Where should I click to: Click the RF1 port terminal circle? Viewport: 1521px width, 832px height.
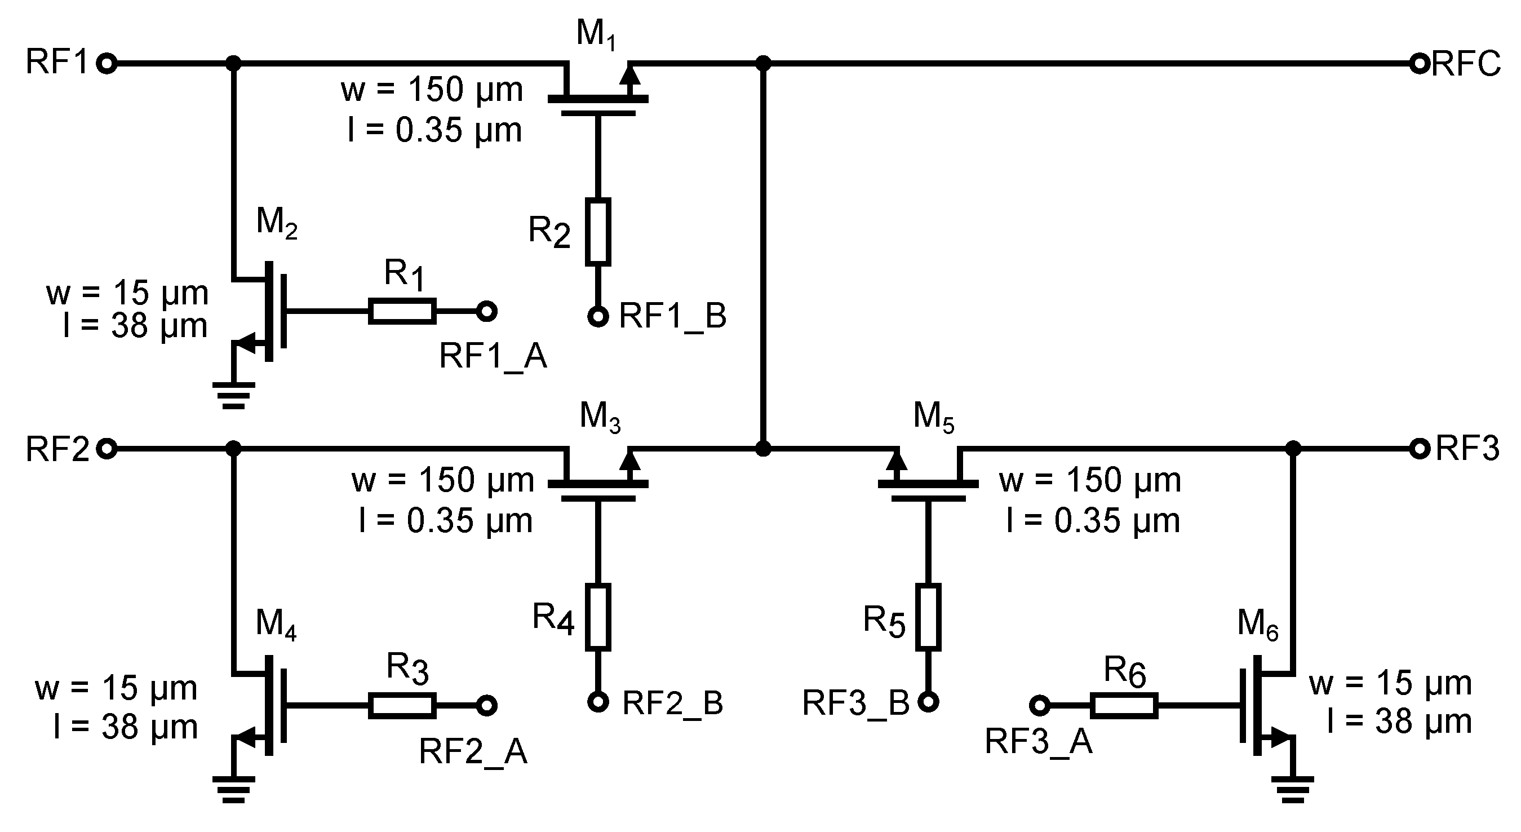[x=107, y=63]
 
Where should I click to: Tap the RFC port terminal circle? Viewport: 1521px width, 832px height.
[x=1419, y=63]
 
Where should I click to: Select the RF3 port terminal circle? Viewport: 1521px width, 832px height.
[x=1419, y=449]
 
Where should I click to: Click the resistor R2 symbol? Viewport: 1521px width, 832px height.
[x=597, y=231]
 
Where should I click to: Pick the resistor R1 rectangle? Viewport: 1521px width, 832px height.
[x=402, y=311]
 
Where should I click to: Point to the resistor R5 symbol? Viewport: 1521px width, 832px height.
[x=928, y=617]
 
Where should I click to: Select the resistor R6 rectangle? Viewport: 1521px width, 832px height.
[x=1124, y=706]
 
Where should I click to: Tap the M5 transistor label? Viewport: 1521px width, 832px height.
[x=933, y=417]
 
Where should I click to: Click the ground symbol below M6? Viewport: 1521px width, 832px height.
[x=1293, y=790]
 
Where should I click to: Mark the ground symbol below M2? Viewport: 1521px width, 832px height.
[x=234, y=395]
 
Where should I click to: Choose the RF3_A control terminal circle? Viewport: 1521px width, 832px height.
[x=1039, y=706]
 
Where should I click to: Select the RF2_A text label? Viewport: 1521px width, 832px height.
[x=473, y=753]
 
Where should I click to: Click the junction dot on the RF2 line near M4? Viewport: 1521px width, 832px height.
[x=234, y=449]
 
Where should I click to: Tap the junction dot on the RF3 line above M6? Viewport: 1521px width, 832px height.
[x=1293, y=449]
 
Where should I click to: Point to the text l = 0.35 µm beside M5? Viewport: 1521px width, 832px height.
[x=1093, y=521]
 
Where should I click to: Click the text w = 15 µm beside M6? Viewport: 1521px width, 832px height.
[x=1390, y=683]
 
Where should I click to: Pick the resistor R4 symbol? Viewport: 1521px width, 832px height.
[x=597, y=617]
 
